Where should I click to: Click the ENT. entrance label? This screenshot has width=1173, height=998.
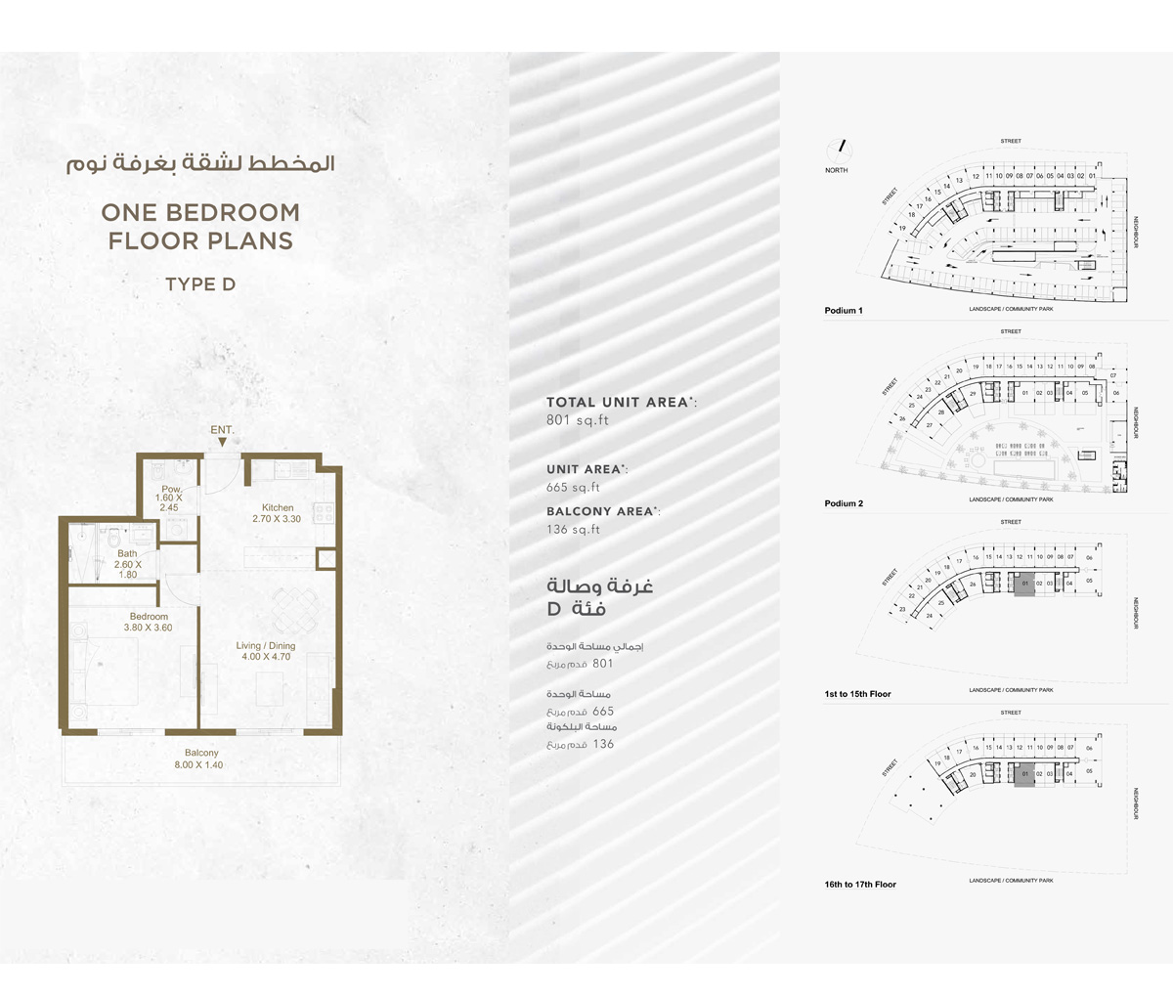click(x=222, y=430)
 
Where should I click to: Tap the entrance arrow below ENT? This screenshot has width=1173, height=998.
click(x=222, y=443)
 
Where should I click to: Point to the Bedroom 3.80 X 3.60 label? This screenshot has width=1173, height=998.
click(x=149, y=622)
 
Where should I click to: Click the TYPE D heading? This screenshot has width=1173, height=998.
click(x=200, y=284)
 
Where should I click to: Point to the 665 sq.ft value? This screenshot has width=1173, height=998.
click(x=574, y=487)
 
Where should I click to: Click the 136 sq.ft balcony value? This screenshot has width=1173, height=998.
click(x=574, y=529)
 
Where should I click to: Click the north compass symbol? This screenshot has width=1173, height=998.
click(x=838, y=149)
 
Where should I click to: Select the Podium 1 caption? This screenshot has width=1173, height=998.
click(x=844, y=311)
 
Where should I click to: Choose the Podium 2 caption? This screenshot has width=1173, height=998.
click(x=844, y=503)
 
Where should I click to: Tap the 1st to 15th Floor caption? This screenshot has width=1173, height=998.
click(x=857, y=694)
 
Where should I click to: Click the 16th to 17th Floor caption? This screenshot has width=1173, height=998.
click(x=860, y=885)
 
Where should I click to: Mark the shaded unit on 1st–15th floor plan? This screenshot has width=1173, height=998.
click(x=1023, y=586)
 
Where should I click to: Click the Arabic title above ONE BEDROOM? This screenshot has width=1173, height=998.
click(x=200, y=162)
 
